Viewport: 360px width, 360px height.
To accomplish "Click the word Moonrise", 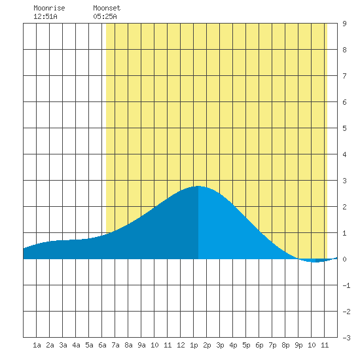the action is point(49,8).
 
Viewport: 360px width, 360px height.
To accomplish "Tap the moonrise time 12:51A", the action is point(45,16).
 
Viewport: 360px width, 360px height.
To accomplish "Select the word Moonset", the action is point(107,8).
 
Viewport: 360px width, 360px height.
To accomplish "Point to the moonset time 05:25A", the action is point(105,16).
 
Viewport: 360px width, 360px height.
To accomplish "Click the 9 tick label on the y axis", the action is point(344,24).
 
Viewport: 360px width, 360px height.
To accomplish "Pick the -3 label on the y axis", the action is point(346,338).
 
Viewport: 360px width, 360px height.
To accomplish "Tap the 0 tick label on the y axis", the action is point(344,259).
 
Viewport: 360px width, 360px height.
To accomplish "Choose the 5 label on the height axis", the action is point(344,128).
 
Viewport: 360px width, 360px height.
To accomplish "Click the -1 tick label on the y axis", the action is point(346,285).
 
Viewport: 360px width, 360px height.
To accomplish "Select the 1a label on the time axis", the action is point(37,345).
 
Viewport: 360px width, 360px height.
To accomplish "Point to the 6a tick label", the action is point(102,345).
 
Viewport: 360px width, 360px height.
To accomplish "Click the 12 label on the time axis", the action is point(181,345).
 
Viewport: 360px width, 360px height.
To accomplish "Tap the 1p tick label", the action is point(194,345).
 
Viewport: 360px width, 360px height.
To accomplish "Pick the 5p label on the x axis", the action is point(246,345).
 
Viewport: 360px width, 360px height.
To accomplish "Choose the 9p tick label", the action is point(298,345).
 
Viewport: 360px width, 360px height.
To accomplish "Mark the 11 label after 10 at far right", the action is point(325,345).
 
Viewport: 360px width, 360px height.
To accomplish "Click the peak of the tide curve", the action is point(198,186).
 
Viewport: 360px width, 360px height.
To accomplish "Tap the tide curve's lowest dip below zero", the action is point(316,262).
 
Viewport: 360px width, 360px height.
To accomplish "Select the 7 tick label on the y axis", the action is point(344,76).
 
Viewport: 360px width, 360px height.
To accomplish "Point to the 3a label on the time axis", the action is point(63,345).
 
